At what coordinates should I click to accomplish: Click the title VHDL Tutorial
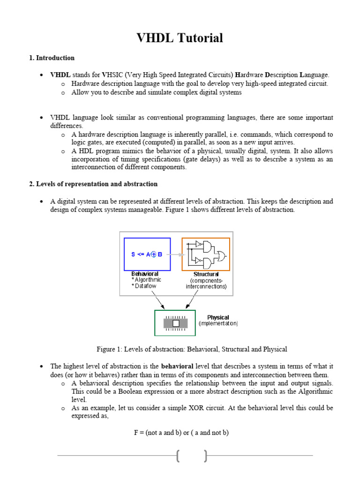[x=180, y=38]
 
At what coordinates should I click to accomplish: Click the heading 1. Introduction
[x=52, y=58]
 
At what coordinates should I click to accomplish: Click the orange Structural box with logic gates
[x=206, y=254]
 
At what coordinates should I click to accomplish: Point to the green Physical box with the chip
[x=175, y=323]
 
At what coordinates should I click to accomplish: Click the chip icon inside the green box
[x=175, y=323]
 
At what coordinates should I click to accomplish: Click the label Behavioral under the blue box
[x=144, y=274]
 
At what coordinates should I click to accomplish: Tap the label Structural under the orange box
[x=206, y=274]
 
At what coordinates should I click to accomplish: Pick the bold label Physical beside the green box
[x=218, y=317]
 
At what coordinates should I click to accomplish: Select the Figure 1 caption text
[x=192, y=349]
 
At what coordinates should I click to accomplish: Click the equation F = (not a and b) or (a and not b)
[x=181, y=433]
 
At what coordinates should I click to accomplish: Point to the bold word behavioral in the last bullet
[x=177, y=366]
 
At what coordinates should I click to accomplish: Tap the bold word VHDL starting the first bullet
[x=60, y=75]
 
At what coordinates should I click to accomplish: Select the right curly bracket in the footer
[x=205, y=455]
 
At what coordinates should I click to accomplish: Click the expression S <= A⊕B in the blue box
[x=147, y=255]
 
